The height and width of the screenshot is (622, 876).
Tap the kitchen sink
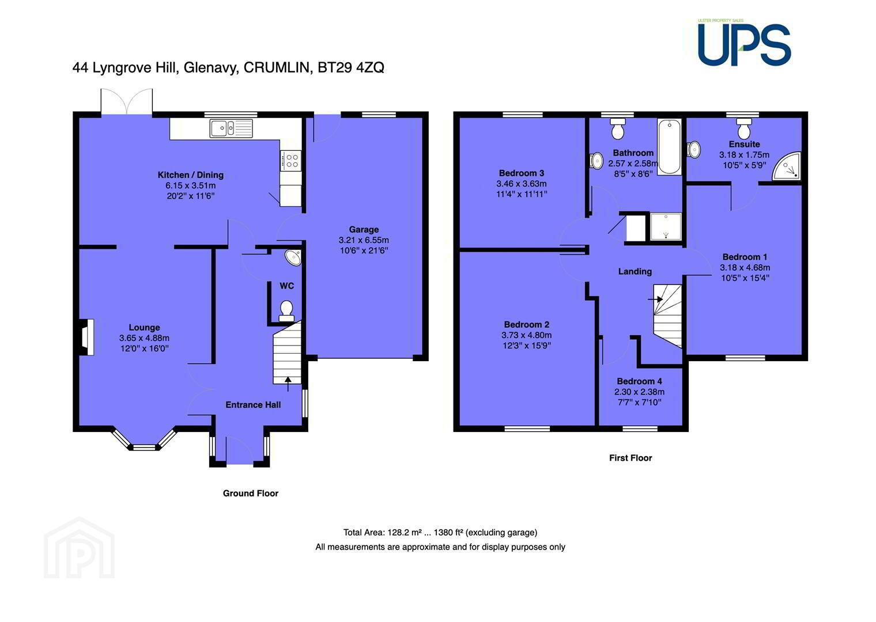point(231,128)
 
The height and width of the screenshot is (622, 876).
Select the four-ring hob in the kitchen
point(290,161)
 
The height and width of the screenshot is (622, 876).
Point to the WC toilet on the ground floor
point(286,311)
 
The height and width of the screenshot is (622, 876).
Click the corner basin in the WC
point(293,257)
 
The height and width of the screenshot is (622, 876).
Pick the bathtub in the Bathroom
point(669,146)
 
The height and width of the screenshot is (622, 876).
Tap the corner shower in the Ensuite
point(787,166)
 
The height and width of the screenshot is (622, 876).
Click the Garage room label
point(364,229)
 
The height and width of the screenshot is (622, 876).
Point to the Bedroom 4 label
point(639,381)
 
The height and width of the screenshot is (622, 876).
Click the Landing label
point(635,271)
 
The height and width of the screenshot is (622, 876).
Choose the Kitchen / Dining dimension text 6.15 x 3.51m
point(190,185)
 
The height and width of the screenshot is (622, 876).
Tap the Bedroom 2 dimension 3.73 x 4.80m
point(526,335)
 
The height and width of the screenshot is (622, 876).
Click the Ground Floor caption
point(250,494)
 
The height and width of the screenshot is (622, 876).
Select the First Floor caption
point(630,458)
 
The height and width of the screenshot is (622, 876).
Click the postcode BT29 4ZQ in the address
point(351,67)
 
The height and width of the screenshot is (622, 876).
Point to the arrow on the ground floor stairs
point(288,384)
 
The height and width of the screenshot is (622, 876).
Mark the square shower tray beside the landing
point(666,226)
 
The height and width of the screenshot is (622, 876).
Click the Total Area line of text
point(440,532)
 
